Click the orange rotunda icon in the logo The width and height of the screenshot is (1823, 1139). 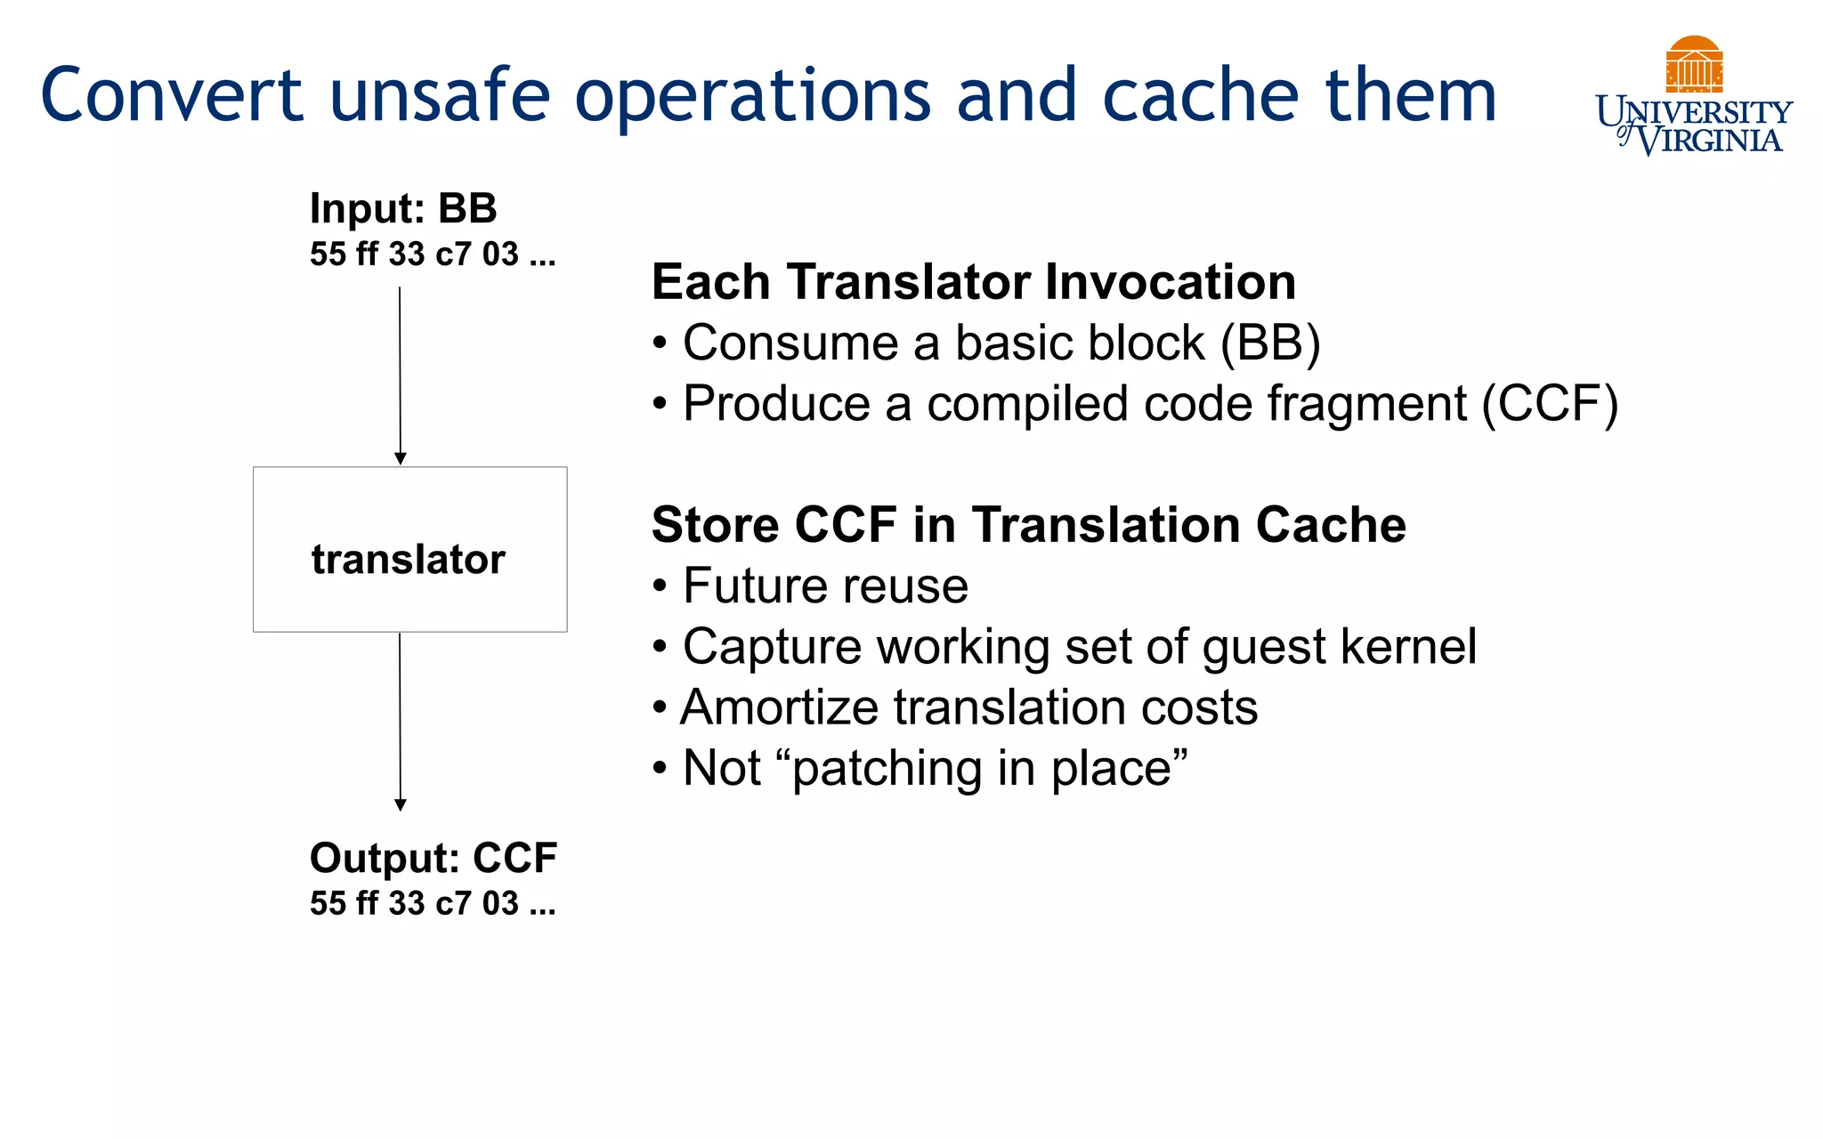[x=1694, y=64]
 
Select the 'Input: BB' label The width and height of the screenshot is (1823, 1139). [x=403, y=208]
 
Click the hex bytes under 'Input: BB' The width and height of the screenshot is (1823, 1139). [x=433, y=254]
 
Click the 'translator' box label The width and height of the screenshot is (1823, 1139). [x=409, y=560]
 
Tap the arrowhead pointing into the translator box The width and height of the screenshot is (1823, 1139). [x=401, y=458]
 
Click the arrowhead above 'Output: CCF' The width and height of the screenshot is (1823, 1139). [x=401, y=804]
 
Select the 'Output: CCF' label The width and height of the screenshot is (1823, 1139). [x=433, y=858]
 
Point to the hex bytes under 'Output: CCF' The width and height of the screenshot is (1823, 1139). [x=433, y=903]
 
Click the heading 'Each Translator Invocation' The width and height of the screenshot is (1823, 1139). [x=973, y=282]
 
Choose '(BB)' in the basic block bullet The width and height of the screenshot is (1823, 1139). [x=1270, y=343]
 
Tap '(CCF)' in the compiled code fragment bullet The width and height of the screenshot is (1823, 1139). [x=1550, y=404]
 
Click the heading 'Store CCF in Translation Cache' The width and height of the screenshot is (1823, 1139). [x=1028, y=525]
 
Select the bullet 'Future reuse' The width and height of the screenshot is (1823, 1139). [x=824, y=586]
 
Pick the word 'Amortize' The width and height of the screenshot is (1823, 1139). [x=780, y=707]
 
